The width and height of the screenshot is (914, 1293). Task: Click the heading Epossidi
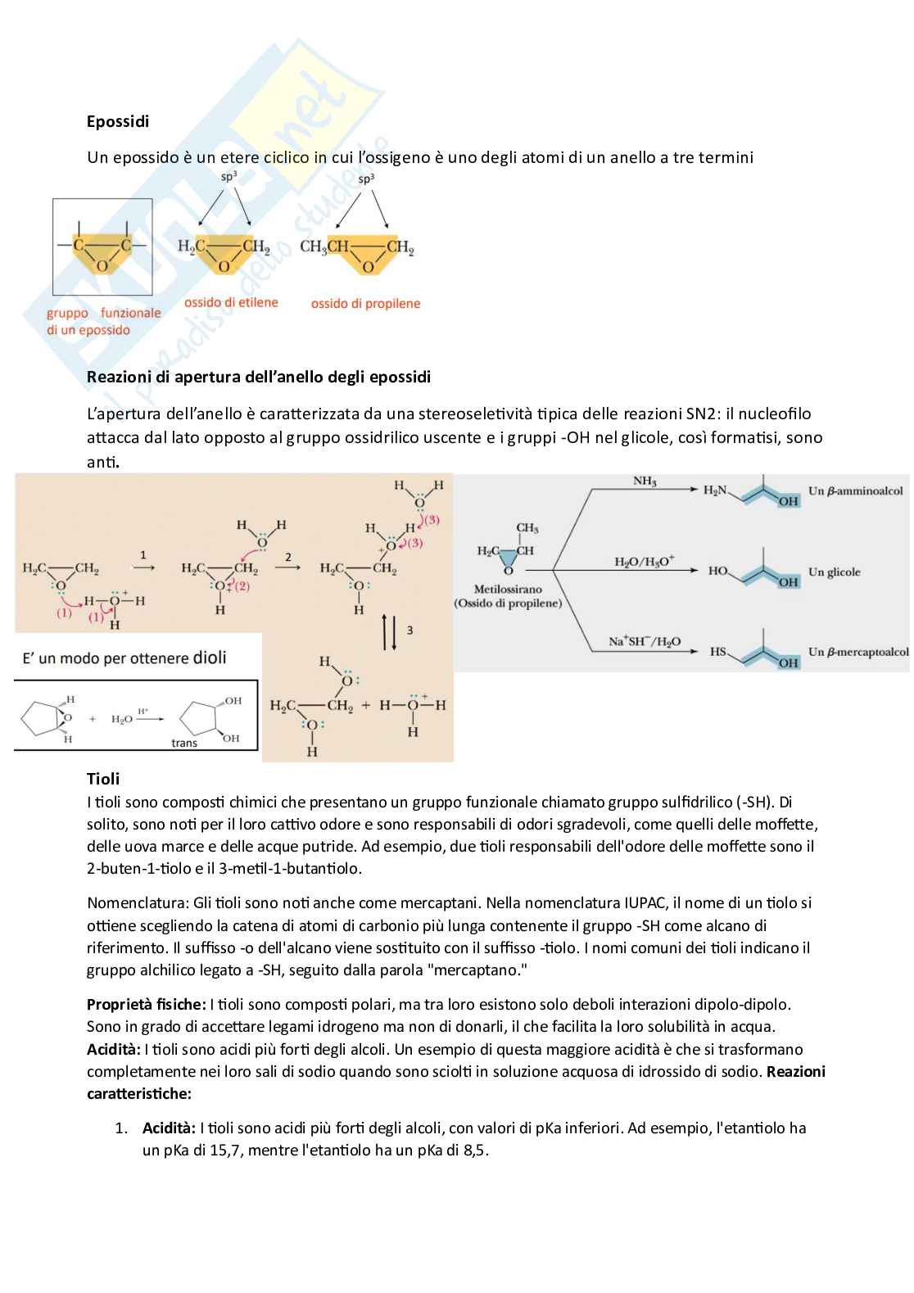(x=118, y=122)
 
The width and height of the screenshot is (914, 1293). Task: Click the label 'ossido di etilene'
(x=231, y=303)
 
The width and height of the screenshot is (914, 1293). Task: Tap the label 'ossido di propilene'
(x=365, y=304)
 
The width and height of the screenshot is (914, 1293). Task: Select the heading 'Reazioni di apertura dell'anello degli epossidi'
(x=259, y=378)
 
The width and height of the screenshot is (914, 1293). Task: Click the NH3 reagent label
(x=645, y=481)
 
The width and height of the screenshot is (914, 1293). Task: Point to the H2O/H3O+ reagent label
(x=644, y=562)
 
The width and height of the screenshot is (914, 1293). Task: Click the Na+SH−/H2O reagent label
(x=645, y=642)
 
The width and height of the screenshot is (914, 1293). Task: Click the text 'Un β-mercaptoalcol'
(x=857, y=653)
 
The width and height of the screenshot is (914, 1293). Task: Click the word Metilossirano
(x=508, y=590)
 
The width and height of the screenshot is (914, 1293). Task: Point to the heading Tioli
(x=103, y=779)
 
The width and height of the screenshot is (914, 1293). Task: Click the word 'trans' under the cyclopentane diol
(x=184, y=744)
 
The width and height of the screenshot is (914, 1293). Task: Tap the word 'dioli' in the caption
(x=210, y=658)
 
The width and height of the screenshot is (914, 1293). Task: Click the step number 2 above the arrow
(x=288, y=557)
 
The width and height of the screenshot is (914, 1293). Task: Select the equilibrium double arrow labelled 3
(x=390, y=631)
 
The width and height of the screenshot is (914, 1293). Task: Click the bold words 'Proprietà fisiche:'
(x=146, y=1005)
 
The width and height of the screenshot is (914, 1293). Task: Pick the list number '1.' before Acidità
(x=121, y=1128)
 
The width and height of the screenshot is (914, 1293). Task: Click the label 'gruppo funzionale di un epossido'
(x=103, y=322)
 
